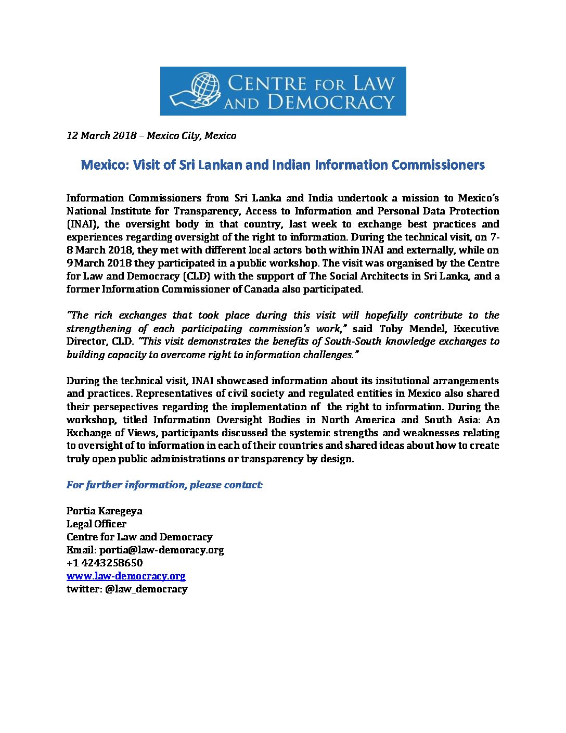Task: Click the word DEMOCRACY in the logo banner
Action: point(331,102)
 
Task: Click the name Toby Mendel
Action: point(413,328)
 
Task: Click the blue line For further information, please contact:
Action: point(165,485)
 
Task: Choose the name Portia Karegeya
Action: point(104,511)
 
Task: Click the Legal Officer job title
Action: point(96,524)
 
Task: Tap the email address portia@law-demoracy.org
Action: point(161,550)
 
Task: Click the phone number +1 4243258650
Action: point(105,563)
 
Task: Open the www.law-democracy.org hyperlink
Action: point(126,576)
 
